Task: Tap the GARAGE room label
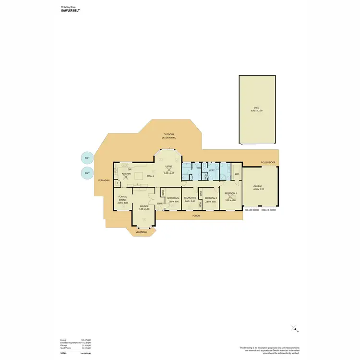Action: (x=258, y=186)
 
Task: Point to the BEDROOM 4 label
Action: (x=173, y=198)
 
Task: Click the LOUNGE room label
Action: (x=144, y=206)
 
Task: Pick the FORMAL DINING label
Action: (x=122, y=199)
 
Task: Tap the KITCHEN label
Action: (x=126, y=174)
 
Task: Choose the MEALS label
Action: (x=150, y=176)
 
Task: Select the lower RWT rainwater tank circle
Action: (x=87, y=173)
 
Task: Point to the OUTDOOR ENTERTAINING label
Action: (x=169, y=136)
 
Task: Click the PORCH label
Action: (x=196, y=216)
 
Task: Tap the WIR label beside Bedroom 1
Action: (x=237, y=174)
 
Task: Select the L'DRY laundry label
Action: (x=211, y=170)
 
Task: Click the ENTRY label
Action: (x=160, y=204)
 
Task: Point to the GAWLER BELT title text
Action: (x=70, y=10)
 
